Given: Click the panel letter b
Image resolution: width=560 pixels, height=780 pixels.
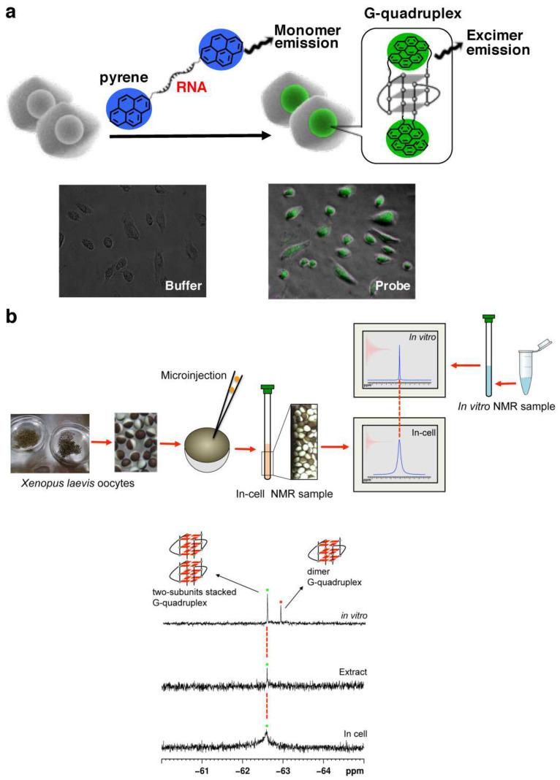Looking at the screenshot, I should pos(12,318).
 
